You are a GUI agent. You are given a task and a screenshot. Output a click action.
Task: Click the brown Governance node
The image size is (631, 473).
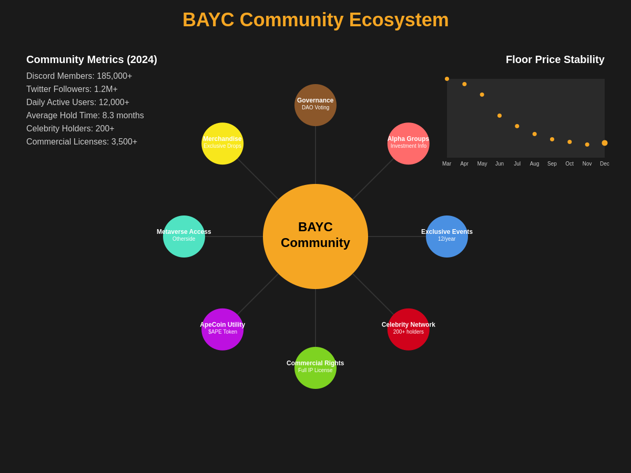pyautogui.click(x=315, y=105)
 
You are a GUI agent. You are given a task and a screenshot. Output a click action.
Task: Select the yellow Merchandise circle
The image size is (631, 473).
pyautogui.click(x=222, y=143)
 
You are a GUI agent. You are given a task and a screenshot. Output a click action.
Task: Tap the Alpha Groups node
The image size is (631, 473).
pyautogui.click(x=409, y=143)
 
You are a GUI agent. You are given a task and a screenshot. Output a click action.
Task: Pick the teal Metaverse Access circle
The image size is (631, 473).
pyautogui.click(x=184, y=236)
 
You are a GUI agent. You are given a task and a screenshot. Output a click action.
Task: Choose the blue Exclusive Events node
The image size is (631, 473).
pyautogui.click(x=447, y=236)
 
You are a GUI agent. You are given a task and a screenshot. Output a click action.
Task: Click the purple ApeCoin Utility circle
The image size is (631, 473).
pyautogui.click(x=222, y=330)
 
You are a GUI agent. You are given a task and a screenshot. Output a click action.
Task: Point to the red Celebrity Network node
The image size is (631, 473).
pyautogui.click(x=409, y=330)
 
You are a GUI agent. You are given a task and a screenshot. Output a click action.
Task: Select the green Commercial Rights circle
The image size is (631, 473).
pyautogui.click(x=315, y=368)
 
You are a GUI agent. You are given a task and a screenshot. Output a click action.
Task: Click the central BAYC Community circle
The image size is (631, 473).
pyautogui.click(x=315, y=236)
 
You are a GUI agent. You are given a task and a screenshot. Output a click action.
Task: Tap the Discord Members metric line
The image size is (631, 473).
pyautogui.click(x=79, y=76)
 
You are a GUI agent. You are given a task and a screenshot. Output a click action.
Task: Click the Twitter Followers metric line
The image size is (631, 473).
pyautogui.click(x=72, y=89)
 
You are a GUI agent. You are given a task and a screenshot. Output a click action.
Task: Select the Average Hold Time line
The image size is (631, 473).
pyautogui.click(x=85, y=116)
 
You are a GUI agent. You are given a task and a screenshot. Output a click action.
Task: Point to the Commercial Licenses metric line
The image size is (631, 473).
pyautogui.click(x=82, y=142)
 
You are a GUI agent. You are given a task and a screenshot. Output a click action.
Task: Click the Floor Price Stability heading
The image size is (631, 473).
pyautogui.click(x=555, y=60)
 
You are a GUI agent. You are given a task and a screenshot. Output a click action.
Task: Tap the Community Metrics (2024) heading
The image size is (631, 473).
pyautogui.click(x=91, y=60)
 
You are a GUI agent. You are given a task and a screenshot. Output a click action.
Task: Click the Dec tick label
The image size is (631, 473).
pyautogui.click(x=605, y=164)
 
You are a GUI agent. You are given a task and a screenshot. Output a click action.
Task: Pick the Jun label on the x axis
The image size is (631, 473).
pyautogui.click(x=500, y=164)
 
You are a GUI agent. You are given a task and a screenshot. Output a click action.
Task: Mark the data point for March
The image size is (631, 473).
pyautogui.click(x=447, y=79)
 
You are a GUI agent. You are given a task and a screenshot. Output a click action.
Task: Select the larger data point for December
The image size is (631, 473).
pyautogui.click(x=605, y=143)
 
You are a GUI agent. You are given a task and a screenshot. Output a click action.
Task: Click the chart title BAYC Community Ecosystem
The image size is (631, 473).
pyautogui.click(x=315, y=20)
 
